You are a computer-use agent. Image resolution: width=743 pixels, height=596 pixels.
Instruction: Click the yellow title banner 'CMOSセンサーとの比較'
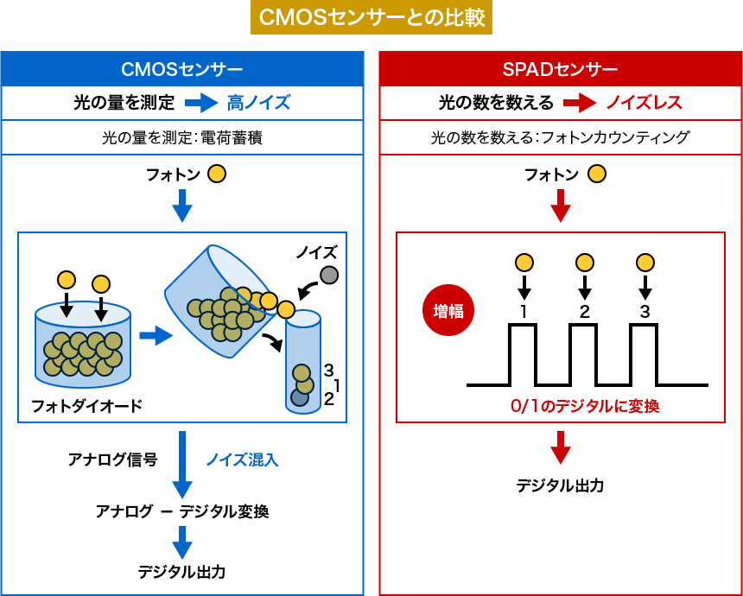371,17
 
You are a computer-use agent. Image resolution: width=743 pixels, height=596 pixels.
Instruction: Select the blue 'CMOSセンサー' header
181,70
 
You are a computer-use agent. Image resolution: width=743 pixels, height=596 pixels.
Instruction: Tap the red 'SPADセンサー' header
560,70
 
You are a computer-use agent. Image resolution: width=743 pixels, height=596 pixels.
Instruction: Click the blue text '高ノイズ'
258,103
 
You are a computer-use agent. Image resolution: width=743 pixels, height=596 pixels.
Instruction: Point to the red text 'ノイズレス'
644,103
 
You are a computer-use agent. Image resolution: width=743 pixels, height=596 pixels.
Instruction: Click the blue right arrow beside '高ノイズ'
201,103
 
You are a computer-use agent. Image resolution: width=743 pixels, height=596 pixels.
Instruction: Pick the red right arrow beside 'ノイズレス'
580,103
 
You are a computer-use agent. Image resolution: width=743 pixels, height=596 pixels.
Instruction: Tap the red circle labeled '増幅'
448,310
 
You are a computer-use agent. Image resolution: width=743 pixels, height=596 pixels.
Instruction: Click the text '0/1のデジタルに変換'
584,406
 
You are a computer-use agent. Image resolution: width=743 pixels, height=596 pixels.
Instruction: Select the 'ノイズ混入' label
242,460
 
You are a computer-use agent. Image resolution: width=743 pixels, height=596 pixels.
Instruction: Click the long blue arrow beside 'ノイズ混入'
181,465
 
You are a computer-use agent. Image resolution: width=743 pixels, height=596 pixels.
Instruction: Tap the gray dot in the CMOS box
329,275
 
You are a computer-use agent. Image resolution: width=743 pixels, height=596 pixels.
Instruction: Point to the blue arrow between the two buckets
156,335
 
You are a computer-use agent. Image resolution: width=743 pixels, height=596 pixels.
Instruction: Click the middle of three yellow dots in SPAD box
585,263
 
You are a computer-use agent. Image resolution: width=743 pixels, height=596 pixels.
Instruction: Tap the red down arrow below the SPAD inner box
561,447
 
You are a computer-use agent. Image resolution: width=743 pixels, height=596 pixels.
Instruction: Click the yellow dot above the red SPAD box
597,174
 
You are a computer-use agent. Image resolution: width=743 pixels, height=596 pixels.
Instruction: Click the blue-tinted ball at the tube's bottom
300,397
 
